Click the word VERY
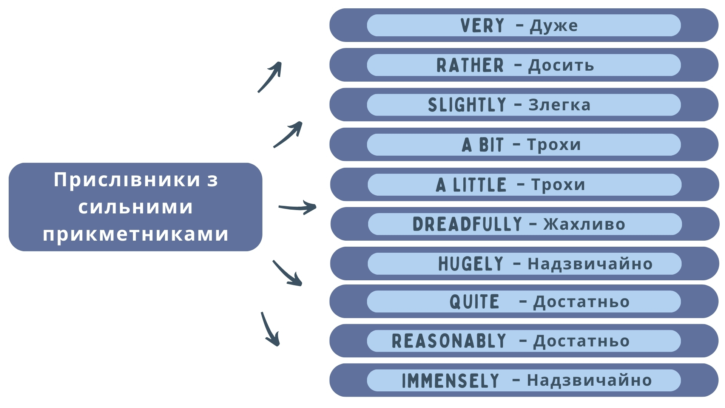tap(482, 26)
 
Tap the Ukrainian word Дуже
tap(554, 26)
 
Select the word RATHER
tap(470, 65)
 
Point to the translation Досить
tap(561, 65)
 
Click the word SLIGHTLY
tap(467, 105)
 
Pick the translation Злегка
tap(559, 105)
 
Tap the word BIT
tap(491, 145)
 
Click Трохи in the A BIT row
tap(554, 145)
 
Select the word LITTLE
tap(480, 185)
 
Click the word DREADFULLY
tap(467, 224)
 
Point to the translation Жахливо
tap(584, 224)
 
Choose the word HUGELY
tap(470, 264)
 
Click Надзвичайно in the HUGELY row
tap(590, 264)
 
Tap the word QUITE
tap(474, 302)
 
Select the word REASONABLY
tap(449, 341)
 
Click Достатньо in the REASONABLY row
tap(581, 341)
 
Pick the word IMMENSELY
tap(450, 380)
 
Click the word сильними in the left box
tap(136, 207)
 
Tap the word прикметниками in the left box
tap(136, 234)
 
